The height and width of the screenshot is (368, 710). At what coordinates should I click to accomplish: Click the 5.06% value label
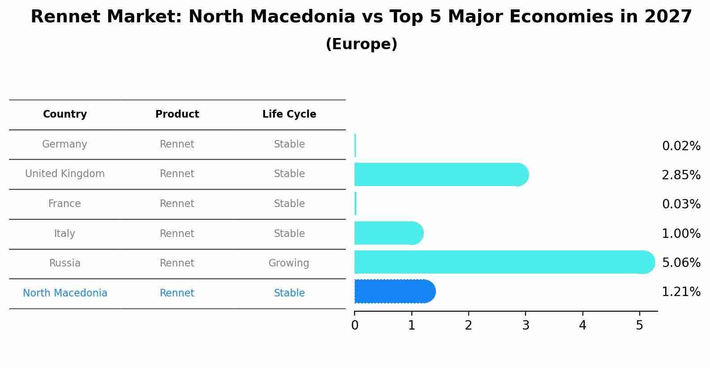point(681,262)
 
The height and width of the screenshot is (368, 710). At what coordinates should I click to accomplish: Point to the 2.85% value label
point(681,175)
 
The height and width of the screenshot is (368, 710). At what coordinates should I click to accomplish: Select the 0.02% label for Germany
point(681,146)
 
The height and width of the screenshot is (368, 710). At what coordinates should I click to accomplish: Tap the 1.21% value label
point(681,292)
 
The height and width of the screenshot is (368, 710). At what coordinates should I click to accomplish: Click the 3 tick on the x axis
point(526,326)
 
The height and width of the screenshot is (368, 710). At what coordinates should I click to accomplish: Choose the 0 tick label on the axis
point(355,326)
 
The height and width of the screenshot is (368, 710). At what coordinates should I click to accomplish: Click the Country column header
point(65,114)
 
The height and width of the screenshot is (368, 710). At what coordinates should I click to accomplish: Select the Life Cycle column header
point(289,114)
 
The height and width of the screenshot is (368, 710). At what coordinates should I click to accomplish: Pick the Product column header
point(177,114)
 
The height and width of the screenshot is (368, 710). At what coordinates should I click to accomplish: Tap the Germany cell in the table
point(64,144)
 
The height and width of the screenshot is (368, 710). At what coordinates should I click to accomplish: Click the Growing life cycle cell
point(289,263)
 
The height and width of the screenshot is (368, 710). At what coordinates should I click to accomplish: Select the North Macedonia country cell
point(65,293)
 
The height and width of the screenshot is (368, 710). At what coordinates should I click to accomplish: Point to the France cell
point(64,204)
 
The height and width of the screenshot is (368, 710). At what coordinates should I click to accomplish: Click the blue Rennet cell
point(177,293)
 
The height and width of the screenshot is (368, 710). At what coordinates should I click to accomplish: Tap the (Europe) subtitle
point(361,44)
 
